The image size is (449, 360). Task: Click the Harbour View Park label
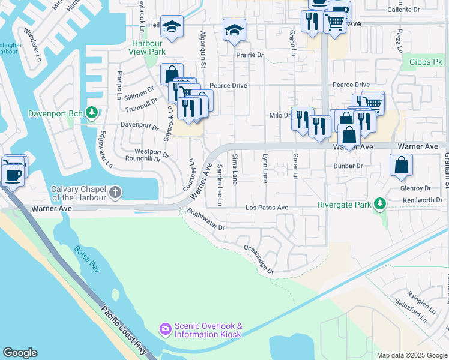click(x=146, y=48)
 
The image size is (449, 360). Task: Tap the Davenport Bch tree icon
click(x=91, y=112)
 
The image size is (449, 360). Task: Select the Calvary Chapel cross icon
click(x=115, y=193)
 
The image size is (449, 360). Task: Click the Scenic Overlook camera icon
click(x=165, y=329)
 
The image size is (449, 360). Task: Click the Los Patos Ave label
click(x=267, y=208)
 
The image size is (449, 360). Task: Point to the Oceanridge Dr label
click(x=259, y=259)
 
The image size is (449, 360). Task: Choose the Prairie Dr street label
click(x=250, y=55)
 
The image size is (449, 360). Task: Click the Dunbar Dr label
click(x=348, y=166)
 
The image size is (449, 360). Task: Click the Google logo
click(x=20, y=353)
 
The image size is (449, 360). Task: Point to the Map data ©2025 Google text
click(x=411, y=355)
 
